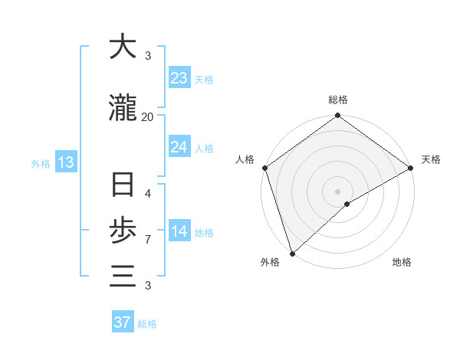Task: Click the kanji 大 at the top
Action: pyautogui.click(x=123, y=47)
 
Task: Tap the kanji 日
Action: pyautogui.click(x=123, y=187)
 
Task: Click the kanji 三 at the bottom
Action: pyautogui.click(x=123, y=274)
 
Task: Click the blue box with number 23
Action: pyautogui.click(x=179, y=78)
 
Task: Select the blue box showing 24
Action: pyautogui.click(x=179, y=147)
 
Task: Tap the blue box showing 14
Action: pyautogui.click(x=179, y=231)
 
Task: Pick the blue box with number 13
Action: pyautogui.click(x=65, y=162)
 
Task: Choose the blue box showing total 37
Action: pyautogui.click(x=123, y=322)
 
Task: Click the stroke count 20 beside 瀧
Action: pyautogui.click(x=147, y=116)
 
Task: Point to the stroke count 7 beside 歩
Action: pyautogui.click(x=147, y=241)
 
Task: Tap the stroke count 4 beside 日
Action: pyautogui.click(x=147, y=194)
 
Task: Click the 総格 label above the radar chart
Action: pyautogui.click(x=338, y=100)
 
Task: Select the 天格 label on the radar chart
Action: pyautogui.click(x=431, y=159)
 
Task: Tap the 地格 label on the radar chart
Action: pyautogui.click(x=402, y=263)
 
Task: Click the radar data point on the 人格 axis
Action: pyautogui.click(x=264, y=168)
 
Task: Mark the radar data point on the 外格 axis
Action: pyautogui.click(x=291, y=254)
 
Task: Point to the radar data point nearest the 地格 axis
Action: pyautogui.click(x=347, y=204)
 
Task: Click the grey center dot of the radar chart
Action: pyautogui.click(x=338, y=191)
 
